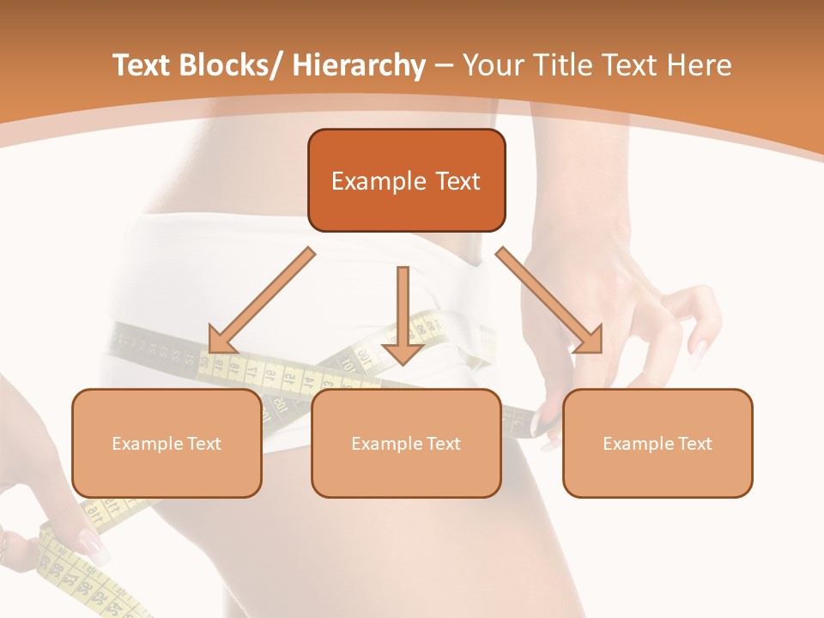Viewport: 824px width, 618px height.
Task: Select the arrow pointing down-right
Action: click(x=549, y=300)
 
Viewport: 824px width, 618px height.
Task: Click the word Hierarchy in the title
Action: click(x=359, y=65)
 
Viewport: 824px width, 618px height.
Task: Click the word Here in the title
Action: click(x=700, y=65)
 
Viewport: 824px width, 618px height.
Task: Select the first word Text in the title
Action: click(x=142, y=65)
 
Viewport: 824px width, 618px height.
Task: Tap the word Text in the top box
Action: click(x=456, y=181)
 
